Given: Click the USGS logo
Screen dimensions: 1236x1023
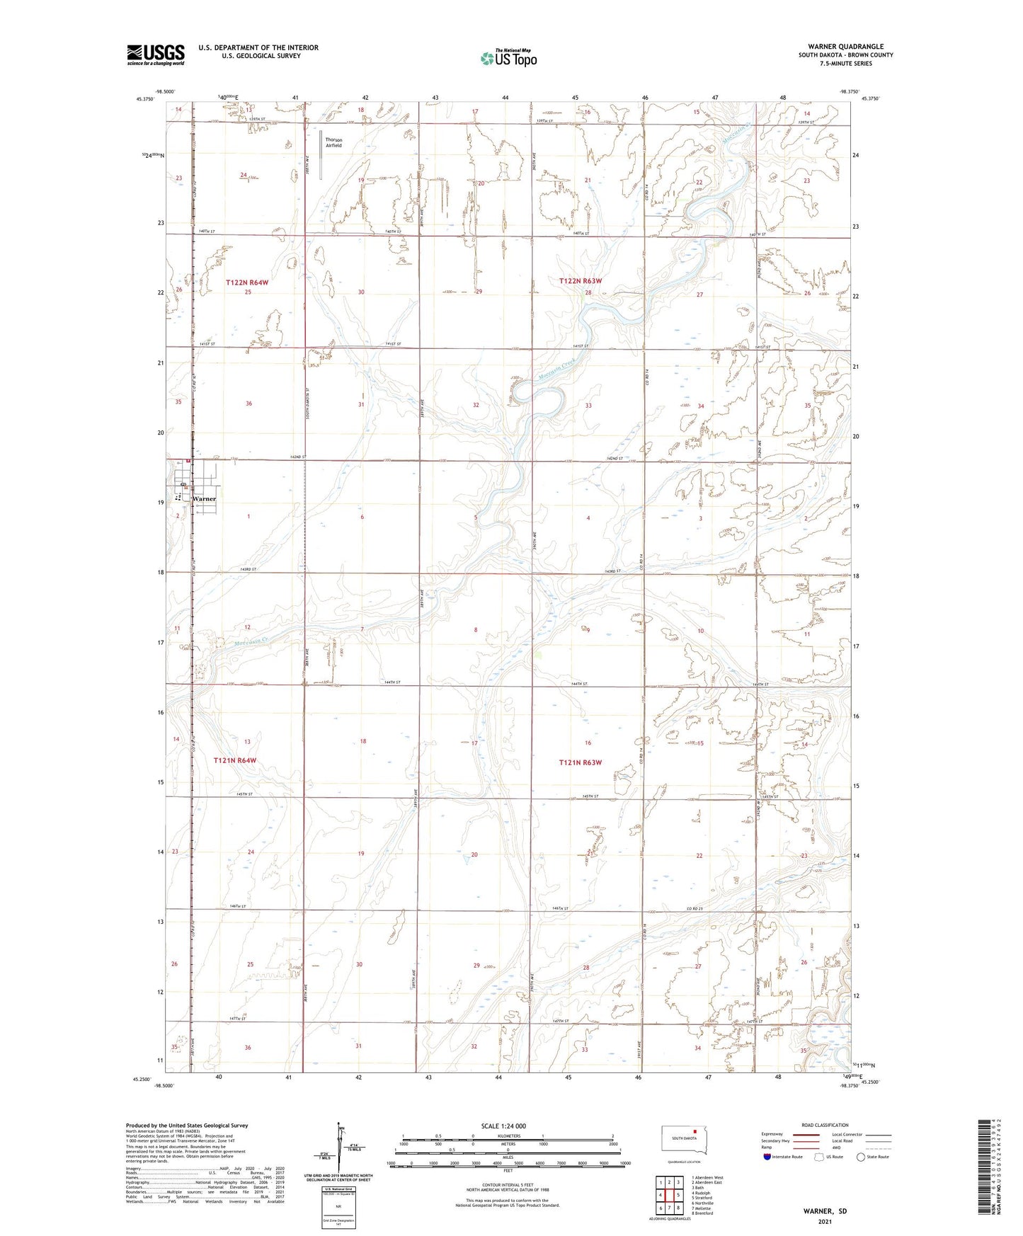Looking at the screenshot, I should click(155, 55).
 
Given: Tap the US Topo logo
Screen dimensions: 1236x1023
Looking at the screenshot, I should click(508, 58).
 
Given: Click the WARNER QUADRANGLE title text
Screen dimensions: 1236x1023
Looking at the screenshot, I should click(845, 47).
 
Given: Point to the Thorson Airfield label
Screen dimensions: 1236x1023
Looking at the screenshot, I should click(333, 142).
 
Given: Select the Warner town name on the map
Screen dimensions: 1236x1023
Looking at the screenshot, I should click(204, 499).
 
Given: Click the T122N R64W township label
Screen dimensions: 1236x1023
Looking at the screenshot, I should click(247, 282).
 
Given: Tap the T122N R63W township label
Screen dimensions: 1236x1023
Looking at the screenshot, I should click(581, 281).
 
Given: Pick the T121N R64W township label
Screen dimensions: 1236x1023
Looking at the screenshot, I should click(235, 760).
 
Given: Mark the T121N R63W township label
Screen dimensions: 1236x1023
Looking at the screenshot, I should click(580, 762).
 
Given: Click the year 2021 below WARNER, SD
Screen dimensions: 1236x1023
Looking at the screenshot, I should click(824, 1222).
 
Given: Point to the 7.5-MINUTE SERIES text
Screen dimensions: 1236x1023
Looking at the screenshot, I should click(845, 64).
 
